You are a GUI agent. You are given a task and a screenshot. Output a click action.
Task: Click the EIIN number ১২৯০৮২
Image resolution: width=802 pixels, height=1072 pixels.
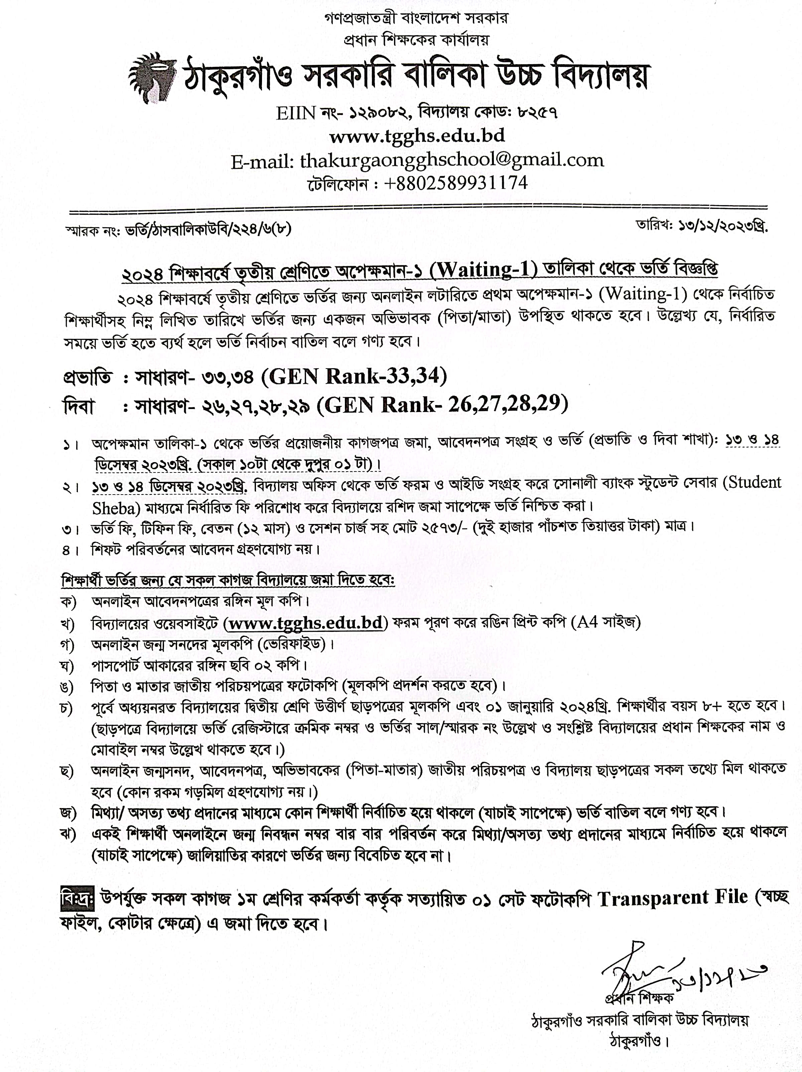pos(378,113)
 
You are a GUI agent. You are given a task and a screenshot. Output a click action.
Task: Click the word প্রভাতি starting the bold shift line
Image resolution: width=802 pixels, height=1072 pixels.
pos(87,377)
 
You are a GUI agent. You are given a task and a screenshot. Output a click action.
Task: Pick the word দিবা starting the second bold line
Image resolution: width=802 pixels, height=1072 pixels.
pos(79,406)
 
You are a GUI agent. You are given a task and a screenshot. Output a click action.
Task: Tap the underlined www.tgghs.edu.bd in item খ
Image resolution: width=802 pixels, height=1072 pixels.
pos(306,623)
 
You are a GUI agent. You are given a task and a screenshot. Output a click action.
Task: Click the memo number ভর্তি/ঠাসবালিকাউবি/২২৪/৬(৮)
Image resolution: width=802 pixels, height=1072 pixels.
pos(209,229)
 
